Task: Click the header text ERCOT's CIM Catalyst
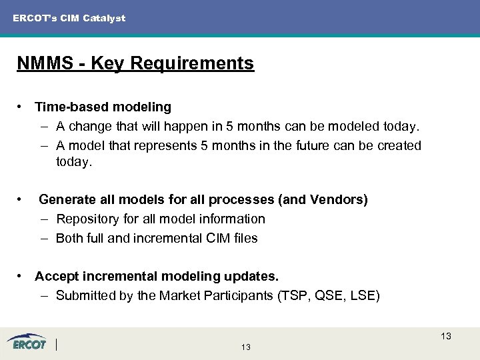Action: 69,18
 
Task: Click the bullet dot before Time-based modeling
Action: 22,107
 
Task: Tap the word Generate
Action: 68,199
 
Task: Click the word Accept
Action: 56,276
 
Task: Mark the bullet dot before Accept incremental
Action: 22,276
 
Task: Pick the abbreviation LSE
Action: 362,295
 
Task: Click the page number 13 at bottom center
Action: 246,347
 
